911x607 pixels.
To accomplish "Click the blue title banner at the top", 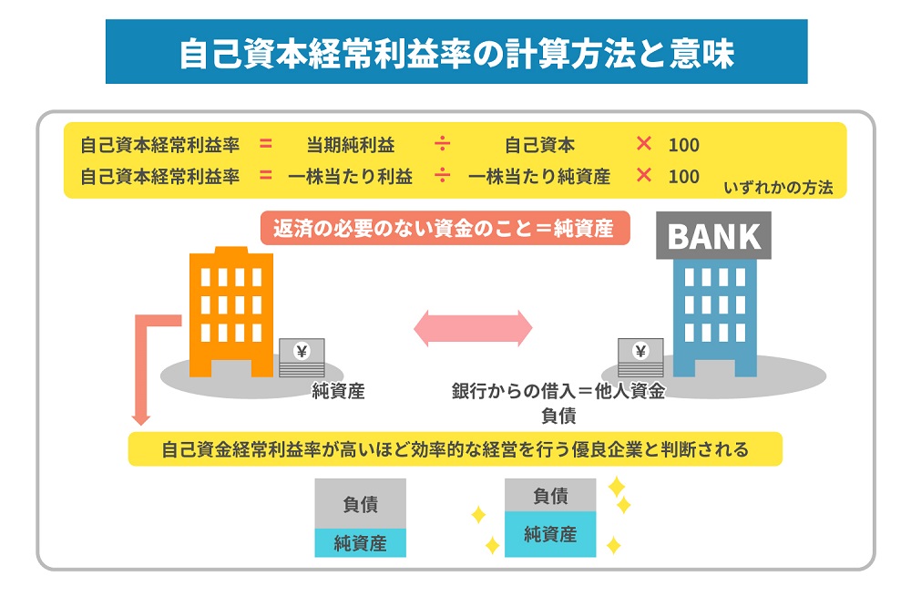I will pyautogui.click(x=455, y=52).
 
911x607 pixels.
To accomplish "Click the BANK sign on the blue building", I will pyautogui.click(x=713, y=236).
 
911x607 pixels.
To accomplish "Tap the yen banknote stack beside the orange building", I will pyautogui.click(x=302, y=357).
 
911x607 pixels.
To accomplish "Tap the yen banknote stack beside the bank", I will pyautogui.click(x=640, y=357).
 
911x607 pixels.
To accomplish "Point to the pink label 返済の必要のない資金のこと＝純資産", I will pyautogui.click(x=445, y=228).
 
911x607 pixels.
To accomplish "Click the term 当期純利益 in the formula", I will pyautogui.click(x=350, y=145).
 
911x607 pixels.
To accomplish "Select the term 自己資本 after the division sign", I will pyautogui.click(x=539, y=145).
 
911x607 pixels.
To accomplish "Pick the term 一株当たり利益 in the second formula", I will pyautogui.click(x=350, y=176).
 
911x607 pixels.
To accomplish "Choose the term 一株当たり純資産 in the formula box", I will pyautogui.click(x=539, y=176).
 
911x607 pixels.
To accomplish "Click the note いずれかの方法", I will pyautogui.click(x=778, y=188).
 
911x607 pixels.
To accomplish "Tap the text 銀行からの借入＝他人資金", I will pyautogui.click(x=558, y=392).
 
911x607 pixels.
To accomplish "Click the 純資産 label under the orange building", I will pyautogui.click(x=338, y=392).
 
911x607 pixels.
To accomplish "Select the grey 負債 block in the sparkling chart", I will pyautogui.click(x=550, y=496).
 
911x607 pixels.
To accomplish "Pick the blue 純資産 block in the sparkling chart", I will pyautogui.click(x=550, y=534).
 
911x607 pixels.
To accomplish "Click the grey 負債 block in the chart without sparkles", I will pyautogui.click(x=360, y=503).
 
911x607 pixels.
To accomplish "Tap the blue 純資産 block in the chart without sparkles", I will pyautogui.click(x=360, y=543).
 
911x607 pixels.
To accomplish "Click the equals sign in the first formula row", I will pyautogui.click(x=266, y=144).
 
